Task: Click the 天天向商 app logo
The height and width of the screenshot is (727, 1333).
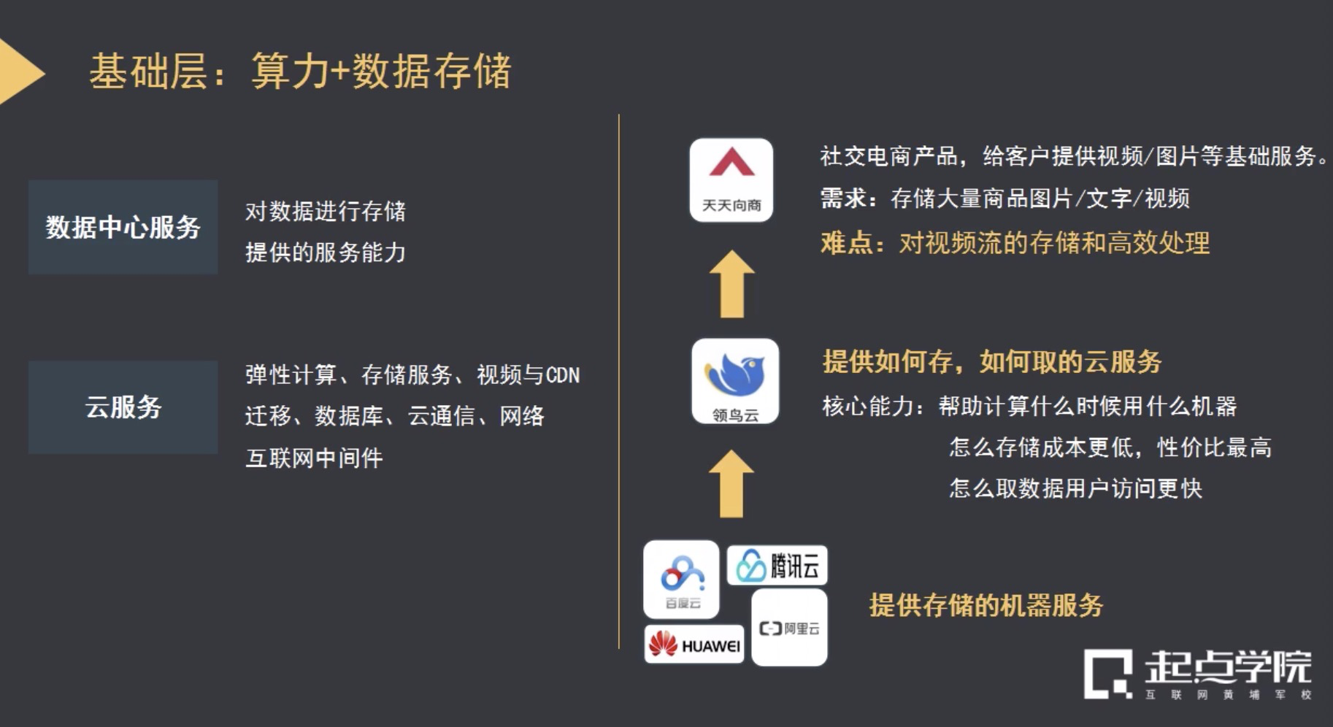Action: (731, 180)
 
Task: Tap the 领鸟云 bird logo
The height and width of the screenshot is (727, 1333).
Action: (734, 380)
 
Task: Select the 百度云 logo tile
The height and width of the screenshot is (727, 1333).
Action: (681, 579)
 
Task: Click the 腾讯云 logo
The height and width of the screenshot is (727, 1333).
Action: (777, 565)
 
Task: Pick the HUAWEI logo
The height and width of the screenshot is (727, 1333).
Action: (694, 645)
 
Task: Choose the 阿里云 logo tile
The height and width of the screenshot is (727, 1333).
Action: (789, 628)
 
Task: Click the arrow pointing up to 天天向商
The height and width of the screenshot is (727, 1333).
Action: (731, 284)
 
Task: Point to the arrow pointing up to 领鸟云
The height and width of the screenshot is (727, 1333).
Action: (731, 483)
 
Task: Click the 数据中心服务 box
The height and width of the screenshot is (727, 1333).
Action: (123, 227)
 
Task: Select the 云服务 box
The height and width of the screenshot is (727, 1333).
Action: (123, 407)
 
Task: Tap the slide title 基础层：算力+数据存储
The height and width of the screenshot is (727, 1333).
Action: (300, 72)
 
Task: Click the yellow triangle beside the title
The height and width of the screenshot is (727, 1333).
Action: (18, 72)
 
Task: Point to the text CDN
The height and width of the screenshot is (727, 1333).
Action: (562, 375)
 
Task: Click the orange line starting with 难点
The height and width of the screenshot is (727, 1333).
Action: (1015, 243)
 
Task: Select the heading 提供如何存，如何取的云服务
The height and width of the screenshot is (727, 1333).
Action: (991, 361)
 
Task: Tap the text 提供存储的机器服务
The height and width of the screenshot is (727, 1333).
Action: (986, 605)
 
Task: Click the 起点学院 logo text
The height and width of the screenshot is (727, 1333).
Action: (1226, 666)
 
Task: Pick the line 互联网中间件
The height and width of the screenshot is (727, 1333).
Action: (314, 458)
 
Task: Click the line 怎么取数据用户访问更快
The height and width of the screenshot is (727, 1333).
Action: (1075, 488)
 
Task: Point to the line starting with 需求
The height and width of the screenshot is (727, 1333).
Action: (1004, 199)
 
